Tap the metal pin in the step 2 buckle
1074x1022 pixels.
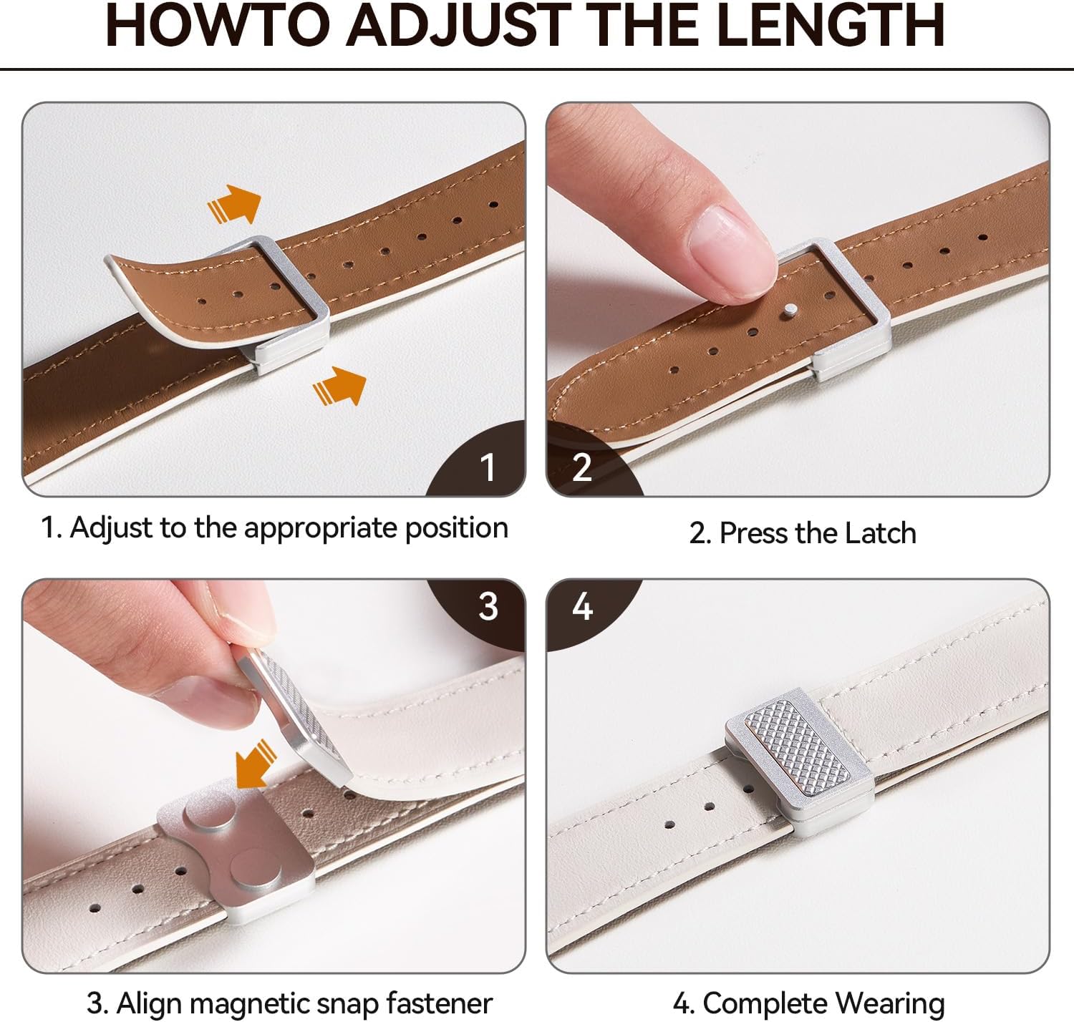(790, 309)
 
